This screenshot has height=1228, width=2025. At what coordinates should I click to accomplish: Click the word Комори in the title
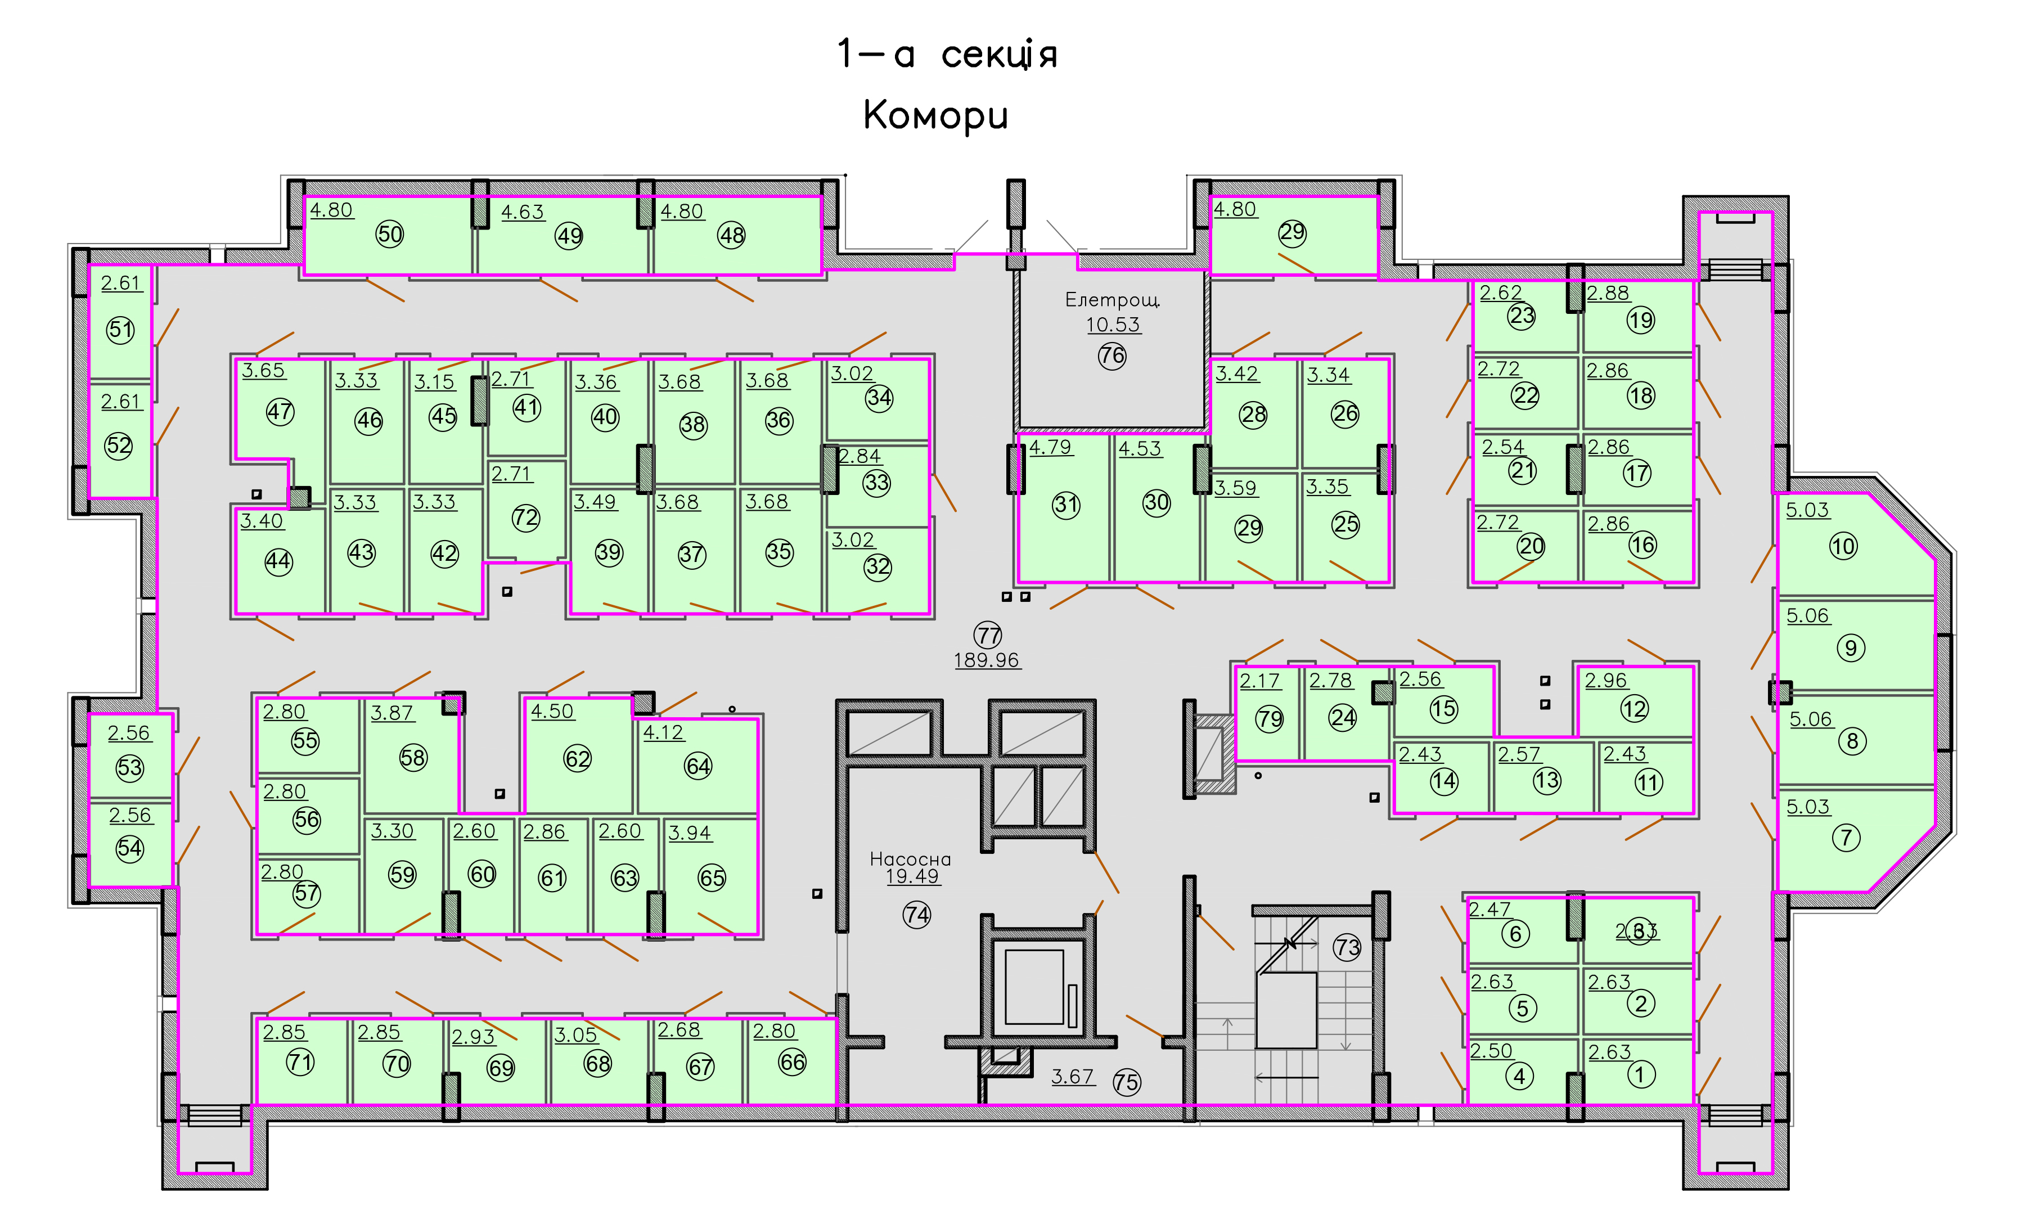(935, 116)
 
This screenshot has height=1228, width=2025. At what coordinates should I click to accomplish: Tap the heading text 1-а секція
(947, 54)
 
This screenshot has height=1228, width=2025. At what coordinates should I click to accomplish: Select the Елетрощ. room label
(1112, 300)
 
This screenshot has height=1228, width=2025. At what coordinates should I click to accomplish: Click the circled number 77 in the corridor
(988, 635)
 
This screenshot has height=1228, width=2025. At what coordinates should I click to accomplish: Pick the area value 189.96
(987, 660)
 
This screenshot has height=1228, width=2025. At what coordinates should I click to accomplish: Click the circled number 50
(390, 234)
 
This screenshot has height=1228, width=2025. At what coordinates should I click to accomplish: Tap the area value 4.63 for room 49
(523, 212)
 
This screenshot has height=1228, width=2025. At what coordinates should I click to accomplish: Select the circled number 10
(1843, 546)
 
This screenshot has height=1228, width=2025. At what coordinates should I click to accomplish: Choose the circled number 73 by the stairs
(1347, 947)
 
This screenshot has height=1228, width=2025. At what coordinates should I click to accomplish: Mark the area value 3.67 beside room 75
(1073, 1076)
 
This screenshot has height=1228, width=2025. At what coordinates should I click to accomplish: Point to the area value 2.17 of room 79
(1260, 681)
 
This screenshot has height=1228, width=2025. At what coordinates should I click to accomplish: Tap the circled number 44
(278, 561)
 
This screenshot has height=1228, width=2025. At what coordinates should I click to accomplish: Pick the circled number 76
(1112, 356)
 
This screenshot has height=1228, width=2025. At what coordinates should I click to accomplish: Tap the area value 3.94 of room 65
(690, 833)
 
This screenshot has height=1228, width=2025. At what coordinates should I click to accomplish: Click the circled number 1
(1640, 1074)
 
